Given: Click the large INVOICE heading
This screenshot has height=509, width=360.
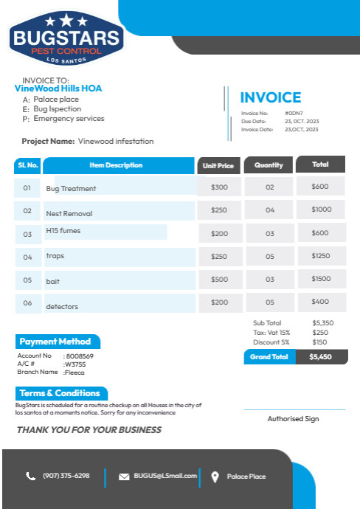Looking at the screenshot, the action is click(271, 97).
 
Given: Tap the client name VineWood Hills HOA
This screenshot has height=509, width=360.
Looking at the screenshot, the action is click(58, 89).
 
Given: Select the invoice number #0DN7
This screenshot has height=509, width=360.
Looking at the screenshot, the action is click(294, 113).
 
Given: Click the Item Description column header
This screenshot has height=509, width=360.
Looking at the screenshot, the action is click(117, 165).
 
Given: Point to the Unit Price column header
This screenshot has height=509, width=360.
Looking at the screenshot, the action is click(218, 166).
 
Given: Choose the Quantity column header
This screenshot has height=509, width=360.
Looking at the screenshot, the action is click(269, 165).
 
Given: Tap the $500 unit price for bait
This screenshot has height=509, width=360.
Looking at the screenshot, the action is click(219, 280).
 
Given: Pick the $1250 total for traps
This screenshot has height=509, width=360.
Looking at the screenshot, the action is click(321, 256).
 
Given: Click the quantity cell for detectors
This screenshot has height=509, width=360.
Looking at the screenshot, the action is click(270, 302).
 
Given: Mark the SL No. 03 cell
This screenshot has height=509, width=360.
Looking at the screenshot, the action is click(27, 235).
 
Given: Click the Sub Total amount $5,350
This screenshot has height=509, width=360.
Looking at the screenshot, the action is click(323, 323).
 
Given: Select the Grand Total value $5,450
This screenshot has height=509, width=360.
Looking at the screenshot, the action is click(321, 356).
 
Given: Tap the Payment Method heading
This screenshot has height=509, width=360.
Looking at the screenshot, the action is click(55, 342).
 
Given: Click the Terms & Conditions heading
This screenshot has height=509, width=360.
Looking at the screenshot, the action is click(60, 393).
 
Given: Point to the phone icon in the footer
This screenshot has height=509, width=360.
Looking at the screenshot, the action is click(30, 477).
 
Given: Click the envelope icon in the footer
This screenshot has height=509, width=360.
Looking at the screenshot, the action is click(124, 477).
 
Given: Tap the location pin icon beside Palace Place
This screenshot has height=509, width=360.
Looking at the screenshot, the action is click(215, 477).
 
